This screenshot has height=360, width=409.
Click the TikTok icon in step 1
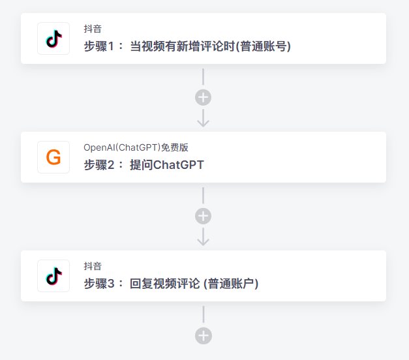(x=53, y=38)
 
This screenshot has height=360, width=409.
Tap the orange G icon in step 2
(x=53, y=157)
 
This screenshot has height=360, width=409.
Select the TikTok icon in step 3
(x=53, y=276)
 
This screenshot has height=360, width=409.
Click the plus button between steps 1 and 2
(x=204, y=98)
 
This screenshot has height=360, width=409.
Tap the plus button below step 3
(x=204, y=336)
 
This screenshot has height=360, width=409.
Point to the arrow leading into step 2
(x=204, y=118)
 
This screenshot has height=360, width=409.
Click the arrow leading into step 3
(x=204, y=237)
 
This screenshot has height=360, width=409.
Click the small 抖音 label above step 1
(x=93, y=29)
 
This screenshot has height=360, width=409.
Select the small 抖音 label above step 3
(x=93, y=266)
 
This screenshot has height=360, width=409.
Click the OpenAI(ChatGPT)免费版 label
(x=136, y=147)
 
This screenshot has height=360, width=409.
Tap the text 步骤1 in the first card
(x=99, y=46)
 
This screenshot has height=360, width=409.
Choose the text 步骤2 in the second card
(x=99, y=165)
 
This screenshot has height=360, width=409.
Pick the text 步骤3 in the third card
(x=99, y=284)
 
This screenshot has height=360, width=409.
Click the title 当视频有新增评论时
(x=183, y=46)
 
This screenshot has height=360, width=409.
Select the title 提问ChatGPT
(x=167, y=165)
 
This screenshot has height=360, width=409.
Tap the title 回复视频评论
(x=165, y=284)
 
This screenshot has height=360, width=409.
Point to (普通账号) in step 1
(x=264, y=46)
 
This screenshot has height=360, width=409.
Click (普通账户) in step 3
(x=231, y=284)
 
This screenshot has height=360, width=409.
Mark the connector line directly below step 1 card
(x=204, y=77)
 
